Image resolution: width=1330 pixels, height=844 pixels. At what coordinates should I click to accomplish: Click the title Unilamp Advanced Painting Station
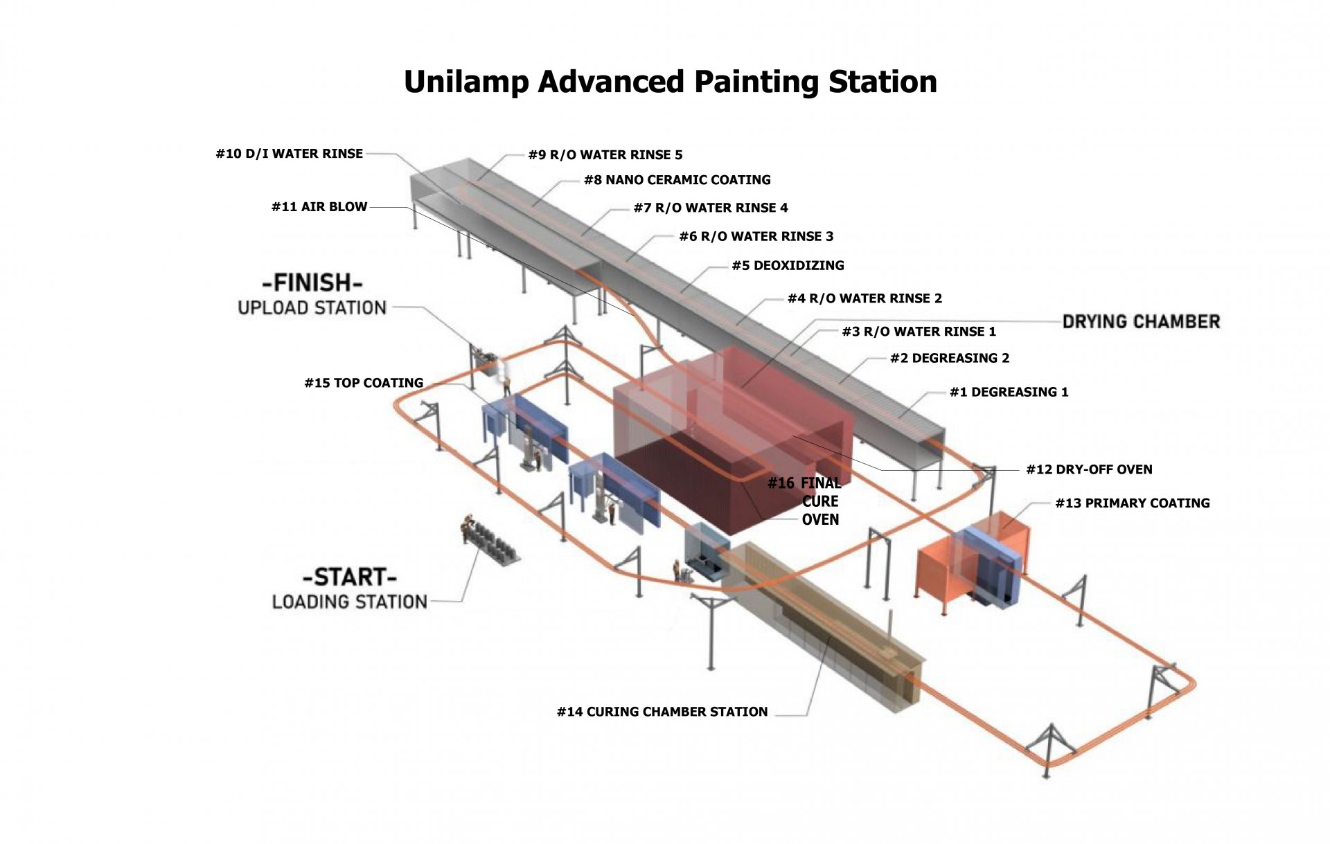671,82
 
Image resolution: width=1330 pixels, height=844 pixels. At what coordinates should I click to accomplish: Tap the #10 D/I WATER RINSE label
290,154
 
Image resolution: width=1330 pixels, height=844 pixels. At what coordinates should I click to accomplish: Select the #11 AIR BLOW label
319,207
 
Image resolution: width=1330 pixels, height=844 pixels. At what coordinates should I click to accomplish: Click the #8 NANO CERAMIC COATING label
677,180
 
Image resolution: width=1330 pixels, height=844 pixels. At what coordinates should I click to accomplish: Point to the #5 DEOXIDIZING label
788,265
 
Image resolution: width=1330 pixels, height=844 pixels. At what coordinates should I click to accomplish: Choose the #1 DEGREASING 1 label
1009,392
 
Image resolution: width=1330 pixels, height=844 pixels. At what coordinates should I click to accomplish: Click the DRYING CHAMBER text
1142,321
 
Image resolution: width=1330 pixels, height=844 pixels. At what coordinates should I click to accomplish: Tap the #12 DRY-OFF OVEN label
1090,469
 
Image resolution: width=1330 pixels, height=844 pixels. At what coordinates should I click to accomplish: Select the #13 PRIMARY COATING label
1133,503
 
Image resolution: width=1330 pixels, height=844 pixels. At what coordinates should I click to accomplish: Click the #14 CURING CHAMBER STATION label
662,712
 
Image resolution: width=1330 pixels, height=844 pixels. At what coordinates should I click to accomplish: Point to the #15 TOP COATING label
364,383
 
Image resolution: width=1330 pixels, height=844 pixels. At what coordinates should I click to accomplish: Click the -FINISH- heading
312,282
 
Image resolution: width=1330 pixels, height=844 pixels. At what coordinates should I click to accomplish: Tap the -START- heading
350,577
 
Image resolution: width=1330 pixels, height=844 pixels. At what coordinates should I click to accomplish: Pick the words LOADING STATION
350,602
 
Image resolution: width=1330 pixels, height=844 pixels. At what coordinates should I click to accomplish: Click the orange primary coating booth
970,564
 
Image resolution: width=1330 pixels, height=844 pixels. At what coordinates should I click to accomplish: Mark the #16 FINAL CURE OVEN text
805,501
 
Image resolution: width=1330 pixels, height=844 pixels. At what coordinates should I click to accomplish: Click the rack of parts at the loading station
490,541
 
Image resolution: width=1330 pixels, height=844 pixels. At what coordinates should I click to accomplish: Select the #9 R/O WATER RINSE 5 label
605,155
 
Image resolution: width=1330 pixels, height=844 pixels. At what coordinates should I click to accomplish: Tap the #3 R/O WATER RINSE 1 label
919,332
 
